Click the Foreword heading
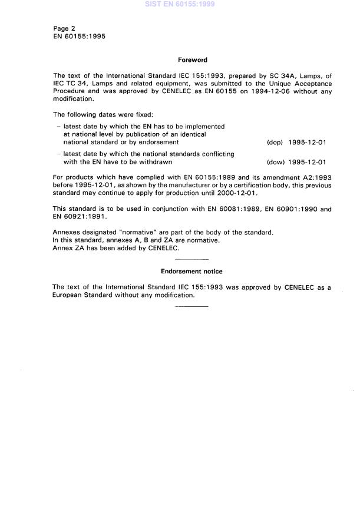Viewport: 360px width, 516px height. coord(192,59)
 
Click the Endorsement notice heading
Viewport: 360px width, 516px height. coord(191,272)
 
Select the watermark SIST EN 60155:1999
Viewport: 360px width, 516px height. coord(180,4)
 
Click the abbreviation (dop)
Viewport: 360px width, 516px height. coord(275,142)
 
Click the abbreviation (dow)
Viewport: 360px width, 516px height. coord(275,163)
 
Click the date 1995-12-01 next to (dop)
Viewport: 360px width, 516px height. coord(307,142)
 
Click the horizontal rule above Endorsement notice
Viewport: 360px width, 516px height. coord(192,260)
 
